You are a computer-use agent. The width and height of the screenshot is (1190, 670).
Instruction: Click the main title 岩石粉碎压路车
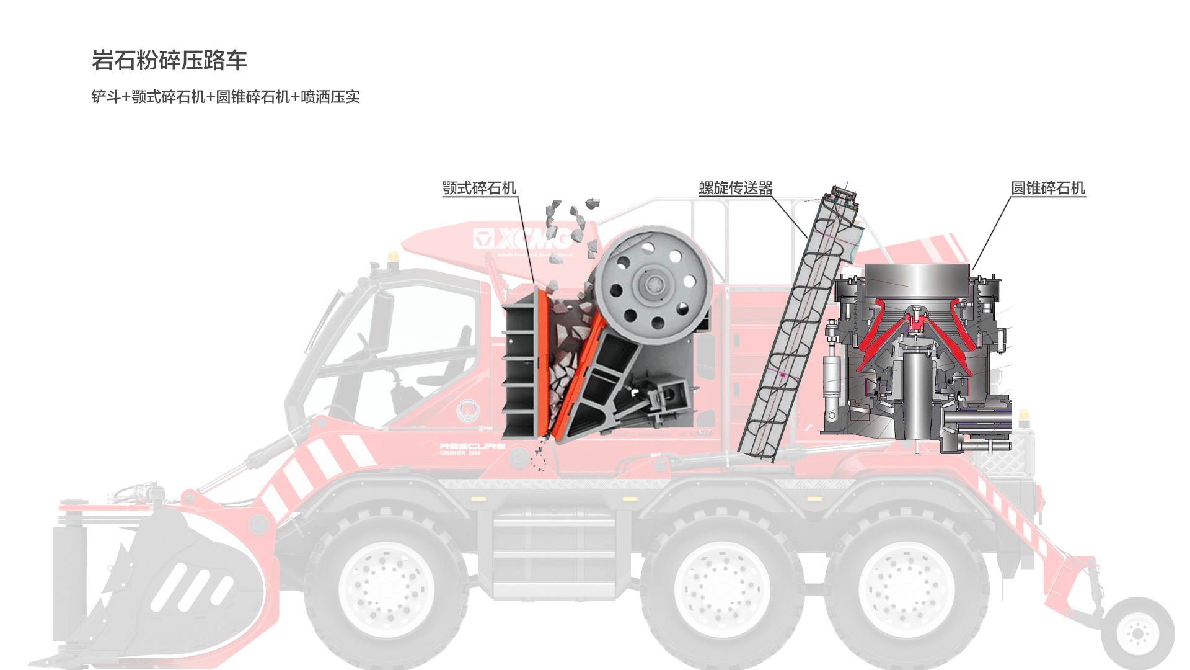(x=169, y=60)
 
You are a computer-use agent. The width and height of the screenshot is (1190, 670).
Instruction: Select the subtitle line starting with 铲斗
(x=225, y=97)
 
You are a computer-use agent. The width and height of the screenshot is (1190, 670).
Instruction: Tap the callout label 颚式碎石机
(x=478, y=188)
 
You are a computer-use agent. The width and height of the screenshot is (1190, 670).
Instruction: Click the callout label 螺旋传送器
(x=736, y=188)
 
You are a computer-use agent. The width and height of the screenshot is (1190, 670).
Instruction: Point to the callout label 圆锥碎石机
(x=1048, y=188)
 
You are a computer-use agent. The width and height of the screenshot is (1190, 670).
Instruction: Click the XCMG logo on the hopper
(x=522, y=239)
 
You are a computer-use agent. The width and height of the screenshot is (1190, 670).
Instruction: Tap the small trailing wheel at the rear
(x=1138, y=633)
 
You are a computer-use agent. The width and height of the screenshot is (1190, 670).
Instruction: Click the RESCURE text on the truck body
(x=472, y=446)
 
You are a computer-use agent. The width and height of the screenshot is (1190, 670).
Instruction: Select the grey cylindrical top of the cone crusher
(x=917, y=279)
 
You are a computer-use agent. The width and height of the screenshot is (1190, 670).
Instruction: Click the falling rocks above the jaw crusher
(x=570, y=223)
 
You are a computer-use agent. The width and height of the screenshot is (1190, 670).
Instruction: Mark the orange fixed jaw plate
(x=542, y=360)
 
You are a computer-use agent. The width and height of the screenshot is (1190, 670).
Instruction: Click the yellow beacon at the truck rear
(x=1024, y=416)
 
